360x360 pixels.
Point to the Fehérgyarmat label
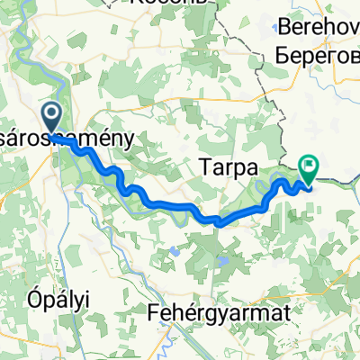[212, 313]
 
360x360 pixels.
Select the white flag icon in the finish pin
[310, 164]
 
